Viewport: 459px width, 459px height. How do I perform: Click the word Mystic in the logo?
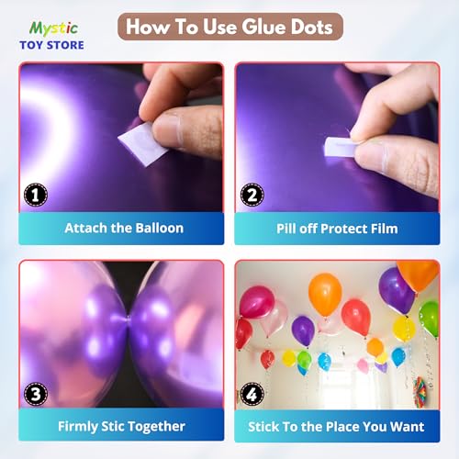coord(53,29)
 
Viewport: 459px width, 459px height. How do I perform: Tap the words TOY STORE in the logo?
coord(51,45)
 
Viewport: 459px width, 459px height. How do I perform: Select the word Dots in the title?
coord(311,27)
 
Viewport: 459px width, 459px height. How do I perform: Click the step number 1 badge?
coord(36,195)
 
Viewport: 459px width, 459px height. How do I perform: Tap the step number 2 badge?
coord(252,195)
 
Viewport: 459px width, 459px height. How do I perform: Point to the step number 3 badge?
coord(36,394)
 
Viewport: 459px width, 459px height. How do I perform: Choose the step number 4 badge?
coord(252,394)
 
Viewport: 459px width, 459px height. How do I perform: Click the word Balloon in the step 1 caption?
coord(160,229)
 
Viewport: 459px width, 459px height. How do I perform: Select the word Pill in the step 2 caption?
coord(286,229)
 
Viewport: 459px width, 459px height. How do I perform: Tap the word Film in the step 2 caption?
coord(385,229)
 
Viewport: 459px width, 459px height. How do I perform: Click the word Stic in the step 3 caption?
coord(112,426)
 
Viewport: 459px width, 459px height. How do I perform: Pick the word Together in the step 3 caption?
coord(156,427)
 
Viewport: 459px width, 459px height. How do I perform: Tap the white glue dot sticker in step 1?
coord(142,144)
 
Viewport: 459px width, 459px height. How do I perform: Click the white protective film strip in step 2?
coord(340,147)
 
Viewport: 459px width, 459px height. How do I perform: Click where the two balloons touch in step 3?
coord(128,319)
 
